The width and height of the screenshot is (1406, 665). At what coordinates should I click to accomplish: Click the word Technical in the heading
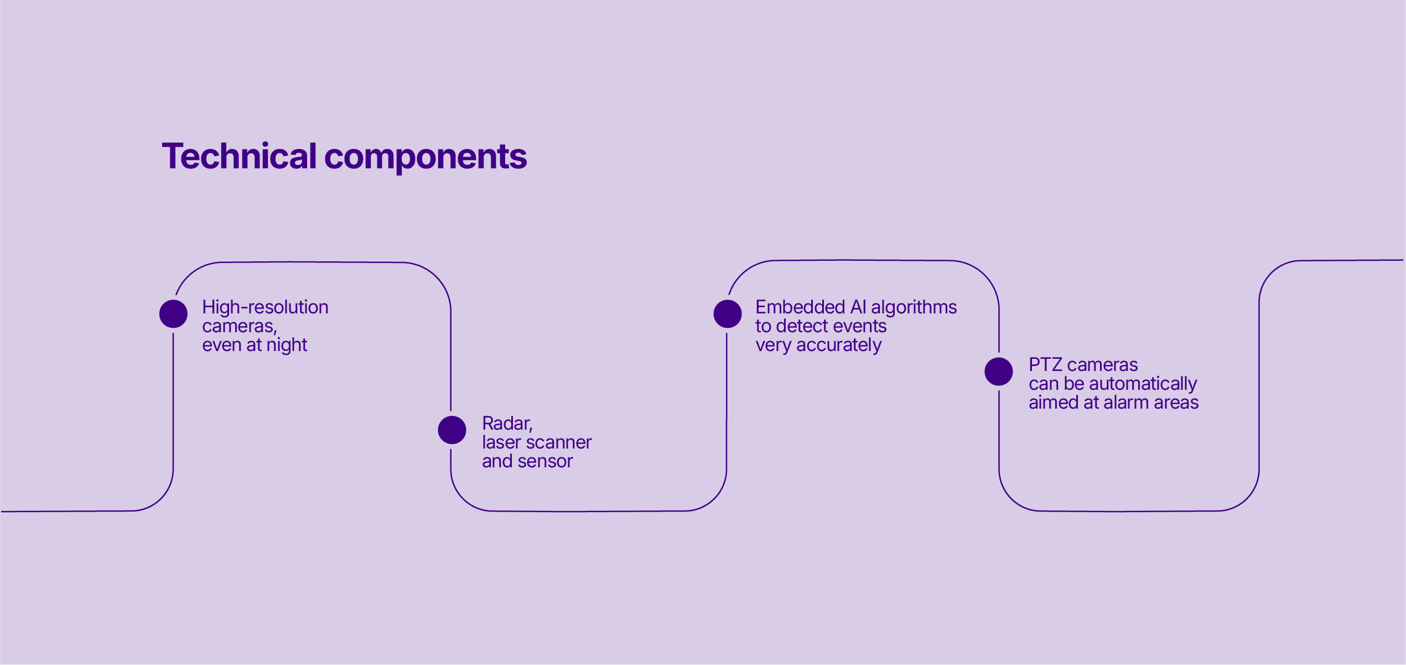point(239,156)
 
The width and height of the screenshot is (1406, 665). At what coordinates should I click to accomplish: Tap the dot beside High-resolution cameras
point(173,314)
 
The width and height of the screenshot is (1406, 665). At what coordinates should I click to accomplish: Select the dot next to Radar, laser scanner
point(452,430)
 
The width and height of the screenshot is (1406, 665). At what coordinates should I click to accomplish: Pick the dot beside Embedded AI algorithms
point(728,314)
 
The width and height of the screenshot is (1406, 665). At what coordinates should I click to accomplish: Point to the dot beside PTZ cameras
point(999,372)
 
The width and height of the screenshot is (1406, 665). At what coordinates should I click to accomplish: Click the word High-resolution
point(265,307)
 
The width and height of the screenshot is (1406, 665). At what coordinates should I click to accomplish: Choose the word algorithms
point(914,308)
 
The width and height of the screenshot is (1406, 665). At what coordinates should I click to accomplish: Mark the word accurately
point(839,346)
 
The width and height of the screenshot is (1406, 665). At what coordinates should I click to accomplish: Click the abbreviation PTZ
point(1045,365)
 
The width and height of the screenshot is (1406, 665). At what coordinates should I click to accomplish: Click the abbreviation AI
point(858,307)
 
